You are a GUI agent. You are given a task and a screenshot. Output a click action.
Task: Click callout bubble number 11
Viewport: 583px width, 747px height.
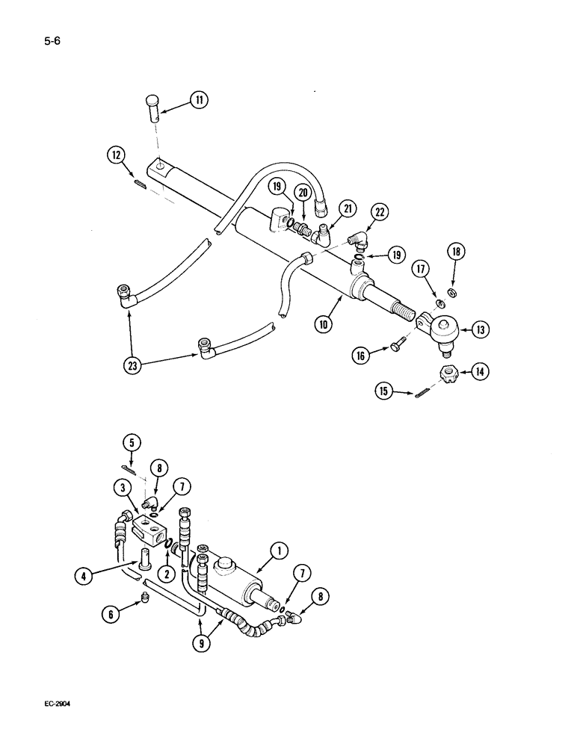[x=199, y=101]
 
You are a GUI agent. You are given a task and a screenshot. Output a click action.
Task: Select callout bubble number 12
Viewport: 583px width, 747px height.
[x=117, y=155]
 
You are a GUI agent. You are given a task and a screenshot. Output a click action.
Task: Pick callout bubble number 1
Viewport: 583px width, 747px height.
[x=278, y=552]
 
